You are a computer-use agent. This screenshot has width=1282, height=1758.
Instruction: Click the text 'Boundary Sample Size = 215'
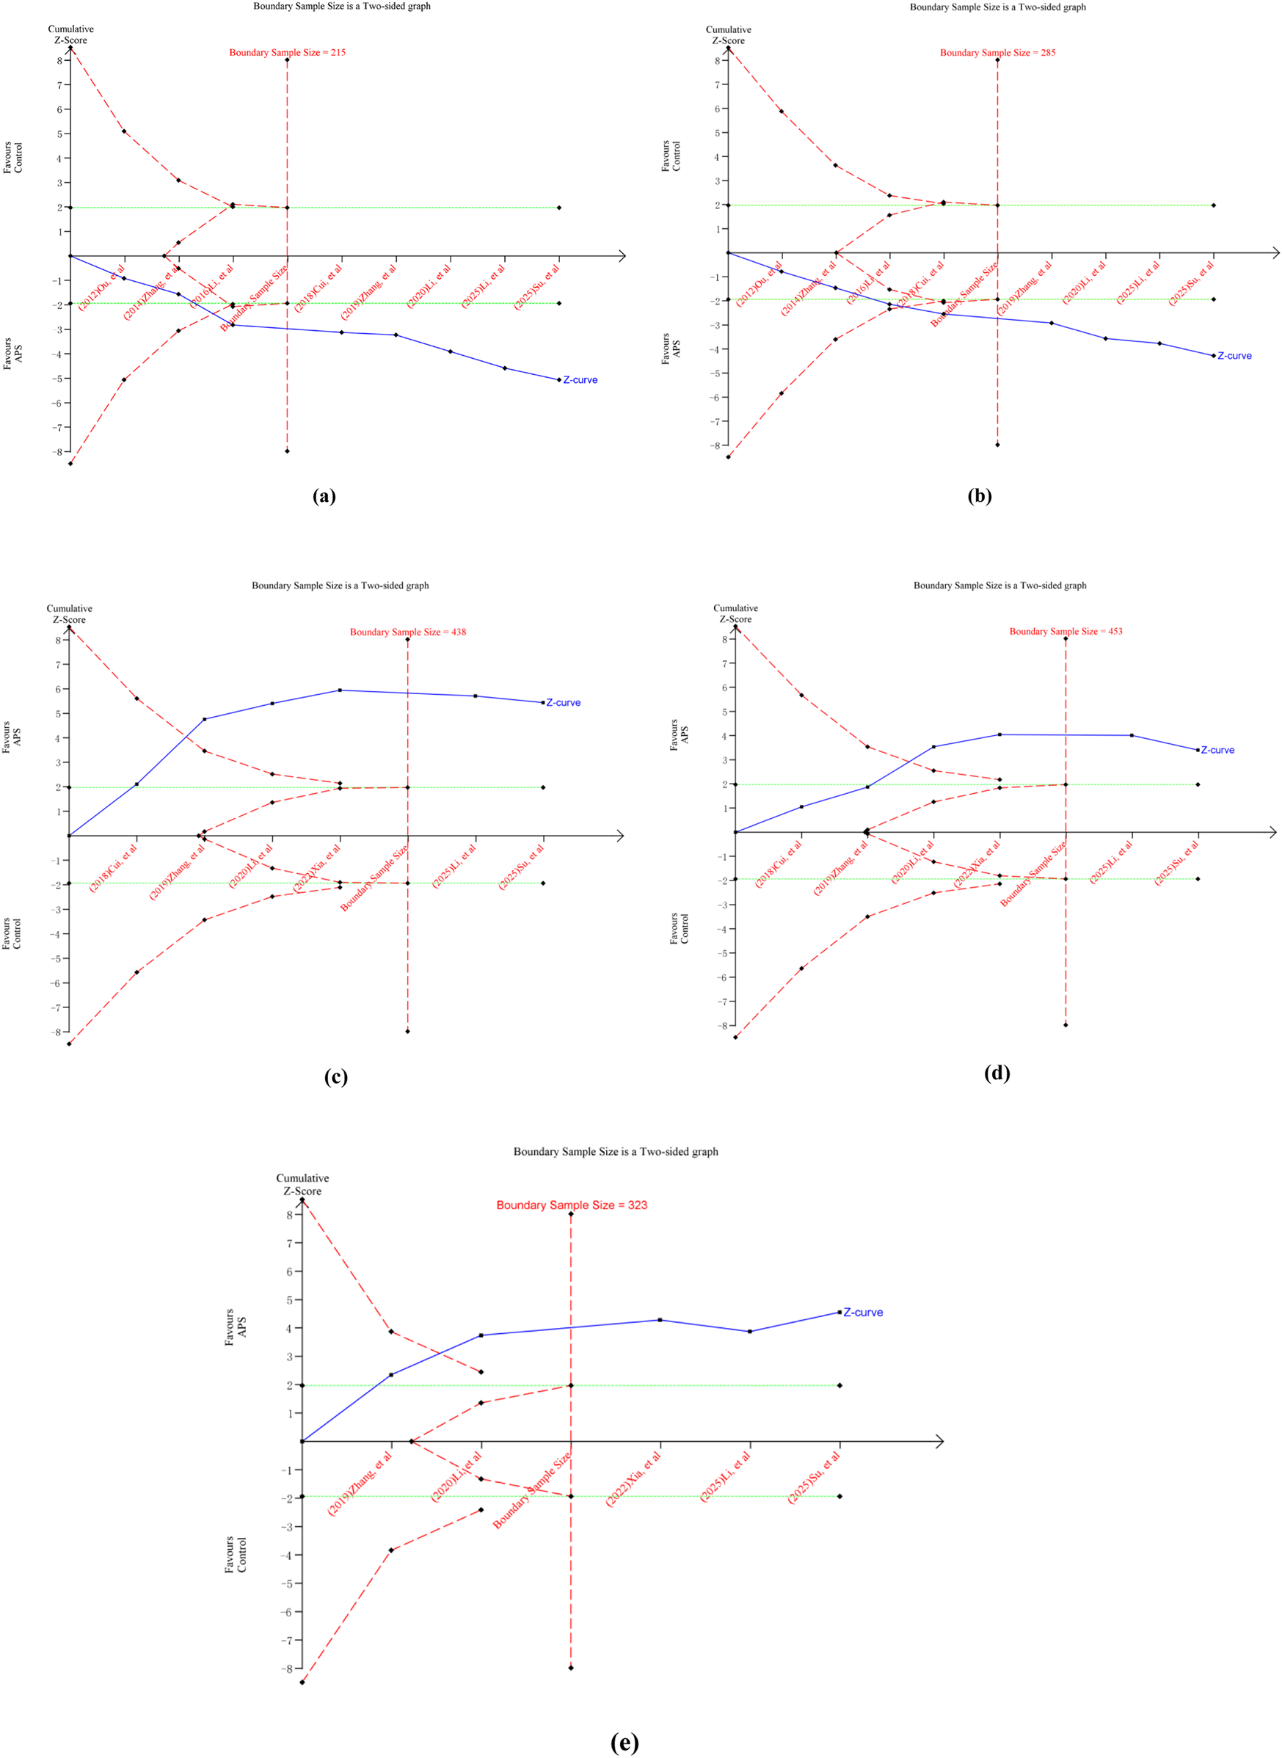point(287,53)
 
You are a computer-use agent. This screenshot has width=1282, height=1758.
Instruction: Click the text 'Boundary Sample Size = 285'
point(997,53)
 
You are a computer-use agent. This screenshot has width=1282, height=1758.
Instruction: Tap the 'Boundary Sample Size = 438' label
point(407,632)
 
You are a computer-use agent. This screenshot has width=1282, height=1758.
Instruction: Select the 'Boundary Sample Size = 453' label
point(1066,631)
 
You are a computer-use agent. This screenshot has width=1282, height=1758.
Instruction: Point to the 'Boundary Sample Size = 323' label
point(571,1205)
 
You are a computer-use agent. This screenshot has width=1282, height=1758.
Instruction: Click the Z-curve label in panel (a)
point(580,380)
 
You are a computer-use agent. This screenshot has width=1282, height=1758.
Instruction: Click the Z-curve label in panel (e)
point(863,1313)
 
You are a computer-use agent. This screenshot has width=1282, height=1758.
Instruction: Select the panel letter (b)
point(980,496)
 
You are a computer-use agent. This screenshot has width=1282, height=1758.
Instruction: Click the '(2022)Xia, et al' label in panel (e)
point(633,1479)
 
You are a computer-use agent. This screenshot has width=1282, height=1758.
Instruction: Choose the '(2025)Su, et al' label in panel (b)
point(1191,284)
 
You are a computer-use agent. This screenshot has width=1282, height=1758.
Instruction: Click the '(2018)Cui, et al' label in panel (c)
point(113,868)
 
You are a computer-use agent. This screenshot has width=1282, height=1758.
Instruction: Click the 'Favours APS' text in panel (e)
point(235,1327)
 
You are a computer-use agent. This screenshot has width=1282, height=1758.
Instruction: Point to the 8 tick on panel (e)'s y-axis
point(289,1215)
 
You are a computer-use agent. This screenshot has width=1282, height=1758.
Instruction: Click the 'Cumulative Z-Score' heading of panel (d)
point(735,613)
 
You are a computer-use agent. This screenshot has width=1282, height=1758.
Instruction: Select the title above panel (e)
point(616,1151)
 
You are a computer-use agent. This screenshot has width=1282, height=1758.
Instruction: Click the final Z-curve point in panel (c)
point(542,702)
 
